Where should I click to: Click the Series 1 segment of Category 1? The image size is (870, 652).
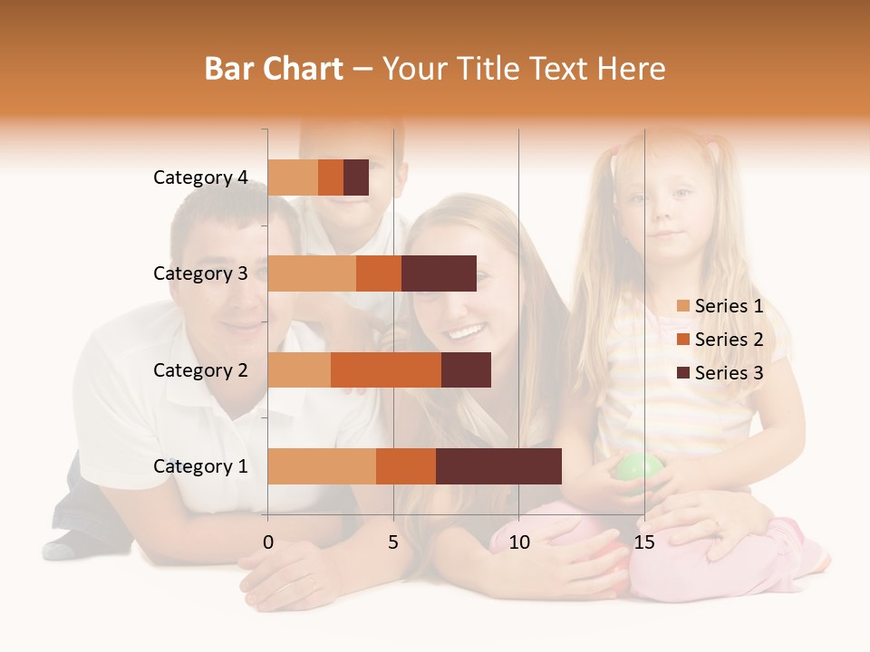[x=322, y=466]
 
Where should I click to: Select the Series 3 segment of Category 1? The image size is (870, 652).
[x=498, y=466]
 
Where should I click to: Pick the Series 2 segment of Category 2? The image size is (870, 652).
[x=386, y=370]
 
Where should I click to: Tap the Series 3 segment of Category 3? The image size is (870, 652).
[x=439, y=273]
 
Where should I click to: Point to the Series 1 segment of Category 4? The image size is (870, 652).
[x=293, y=177]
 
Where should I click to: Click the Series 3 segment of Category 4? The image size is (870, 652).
[x=356, y=177]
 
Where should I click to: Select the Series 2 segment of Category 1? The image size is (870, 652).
[x=406, y=466]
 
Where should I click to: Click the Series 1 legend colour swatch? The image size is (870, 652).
[x=683, y=306]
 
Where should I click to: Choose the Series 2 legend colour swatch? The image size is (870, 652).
[x=683, y=340]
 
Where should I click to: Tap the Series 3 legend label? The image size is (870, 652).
[x=729, y=373]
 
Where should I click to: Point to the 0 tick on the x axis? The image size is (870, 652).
[x=267, y=542]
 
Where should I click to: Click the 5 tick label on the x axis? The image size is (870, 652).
[x=393, y=542]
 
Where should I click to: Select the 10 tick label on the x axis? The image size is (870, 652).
[x=518, y=542]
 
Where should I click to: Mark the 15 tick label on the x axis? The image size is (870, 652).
[x=644, y=542]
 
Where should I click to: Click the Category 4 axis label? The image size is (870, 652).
[x=200, y=177]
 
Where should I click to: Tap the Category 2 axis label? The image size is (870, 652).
[x=200, y=370]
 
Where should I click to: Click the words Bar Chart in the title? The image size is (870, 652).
[x=274, y=69]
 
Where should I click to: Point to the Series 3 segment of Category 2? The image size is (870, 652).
[x=466, y=370]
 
